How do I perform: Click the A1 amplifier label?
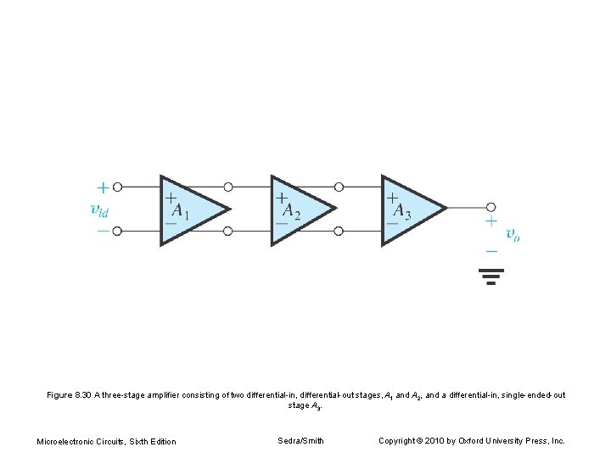(180, 210)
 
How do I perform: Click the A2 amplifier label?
(290, 210)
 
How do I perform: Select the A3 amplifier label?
(401, 210)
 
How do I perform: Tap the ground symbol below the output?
(490, 276)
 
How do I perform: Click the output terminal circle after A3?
(490, 207)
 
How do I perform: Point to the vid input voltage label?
(100, 209)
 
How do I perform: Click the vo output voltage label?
(513, 234)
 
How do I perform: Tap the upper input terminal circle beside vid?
(117, 187)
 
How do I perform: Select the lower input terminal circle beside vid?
(117, 231)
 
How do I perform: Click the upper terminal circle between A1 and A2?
(228, 187)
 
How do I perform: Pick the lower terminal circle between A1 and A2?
(228, 231)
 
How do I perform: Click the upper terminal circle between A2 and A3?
(339, 187)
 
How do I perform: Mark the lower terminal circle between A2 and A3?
(339, 231)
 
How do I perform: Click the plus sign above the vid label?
(102, 187)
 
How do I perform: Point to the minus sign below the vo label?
(490, 251)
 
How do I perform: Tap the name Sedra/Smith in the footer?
(300, 440)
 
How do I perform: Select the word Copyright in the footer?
(397, 440)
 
